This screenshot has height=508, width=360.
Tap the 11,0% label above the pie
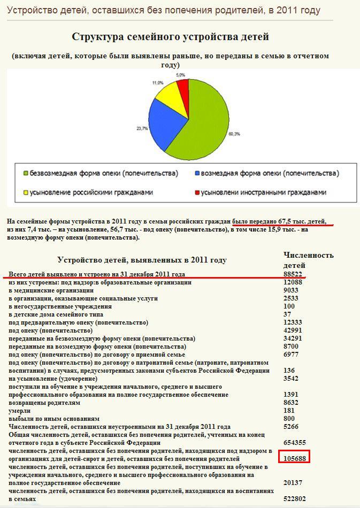158,83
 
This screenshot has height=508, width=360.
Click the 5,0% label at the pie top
181,75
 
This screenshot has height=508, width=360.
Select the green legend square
25,174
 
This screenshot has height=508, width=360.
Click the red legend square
197,192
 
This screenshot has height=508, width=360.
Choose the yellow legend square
25,192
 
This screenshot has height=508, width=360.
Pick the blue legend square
197,174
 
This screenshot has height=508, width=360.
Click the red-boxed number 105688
294,458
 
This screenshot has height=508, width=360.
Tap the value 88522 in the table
293,274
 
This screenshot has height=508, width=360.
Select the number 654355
294,442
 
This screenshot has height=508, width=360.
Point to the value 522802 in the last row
294,498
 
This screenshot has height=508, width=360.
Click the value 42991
293,330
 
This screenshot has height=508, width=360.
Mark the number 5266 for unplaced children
291,426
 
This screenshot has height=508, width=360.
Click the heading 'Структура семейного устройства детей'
170,37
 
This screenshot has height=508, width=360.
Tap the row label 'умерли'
20,410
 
